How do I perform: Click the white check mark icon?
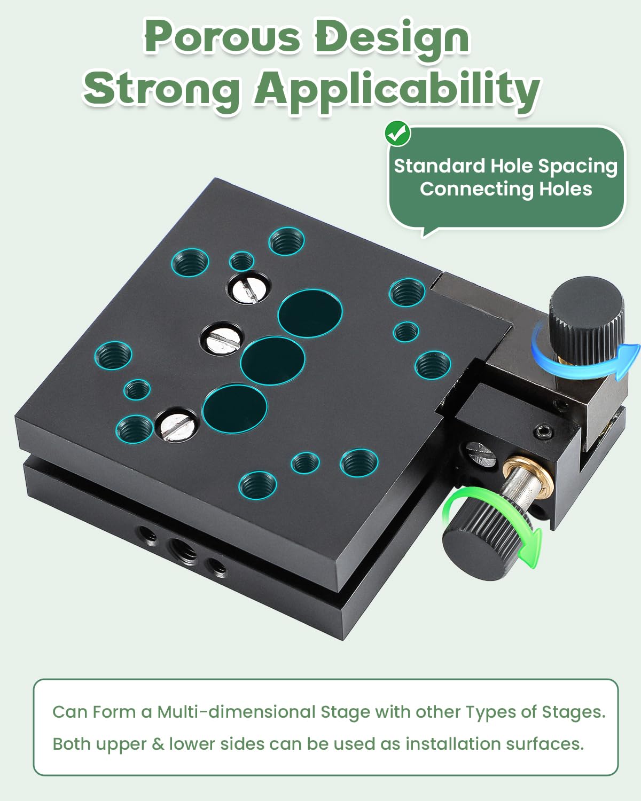click(x=397, y=133)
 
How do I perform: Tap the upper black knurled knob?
click(x=588, y=315)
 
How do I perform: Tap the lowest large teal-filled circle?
click(x=234, y=409)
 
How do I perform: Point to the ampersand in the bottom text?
click(x=158, y=744)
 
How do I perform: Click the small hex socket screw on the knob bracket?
click(x=542, y=431)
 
